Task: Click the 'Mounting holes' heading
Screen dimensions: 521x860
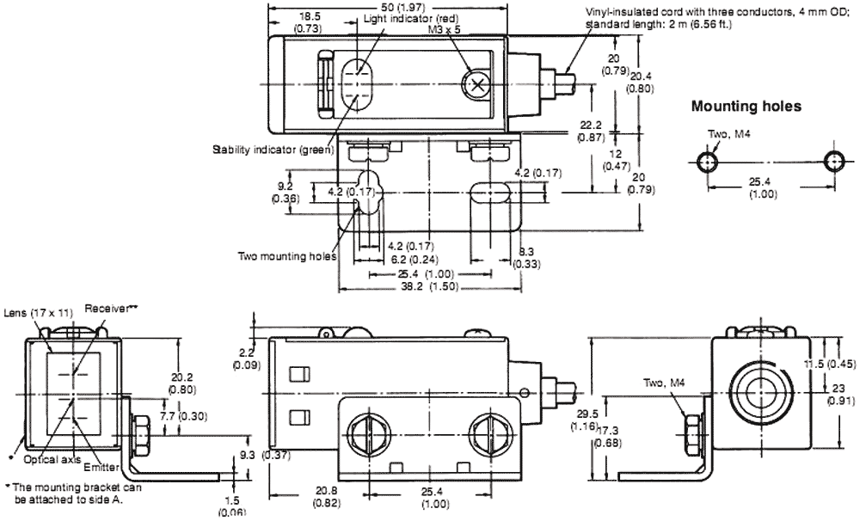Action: click(746, 107)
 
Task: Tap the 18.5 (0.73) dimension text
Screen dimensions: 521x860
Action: click(308, 21)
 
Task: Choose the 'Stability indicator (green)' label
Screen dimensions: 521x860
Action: click(273, 150)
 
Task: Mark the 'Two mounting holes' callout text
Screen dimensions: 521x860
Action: click(288, 254)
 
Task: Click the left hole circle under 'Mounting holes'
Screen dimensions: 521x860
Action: click(707, 162)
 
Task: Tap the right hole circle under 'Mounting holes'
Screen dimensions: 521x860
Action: click(833, 162)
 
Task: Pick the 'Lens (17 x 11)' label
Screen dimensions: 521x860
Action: click(34, 313)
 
